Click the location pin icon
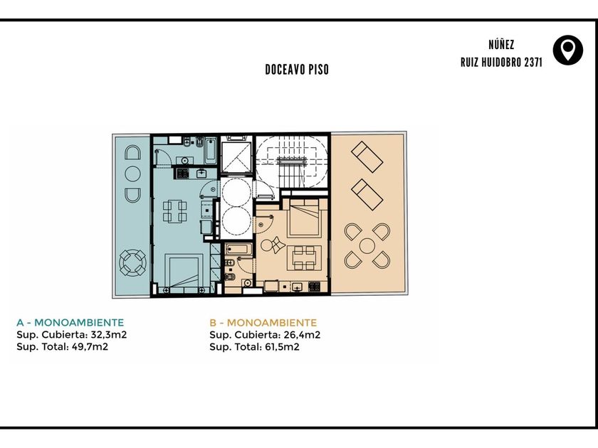coord(568,50)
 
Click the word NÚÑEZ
coord(501,45)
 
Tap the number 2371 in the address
coord(533,63)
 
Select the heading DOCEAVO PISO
coord(297,70)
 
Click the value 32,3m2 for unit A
coord(108,335)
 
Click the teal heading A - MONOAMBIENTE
coord(70,323)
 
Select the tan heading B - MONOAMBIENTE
coord(263,323)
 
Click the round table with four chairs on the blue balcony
coord(132,262)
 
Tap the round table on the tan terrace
coord(367,246)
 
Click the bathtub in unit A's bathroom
coord(211,150)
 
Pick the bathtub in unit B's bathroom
coord(238,250)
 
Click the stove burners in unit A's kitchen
coord(183,174)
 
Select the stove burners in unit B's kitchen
coord(314,287)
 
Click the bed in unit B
coord(304,218)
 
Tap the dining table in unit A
coord(174,211)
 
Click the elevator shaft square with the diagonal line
coord(236,157)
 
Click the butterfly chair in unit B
coord(275,244)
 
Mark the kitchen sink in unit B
coord(296,287)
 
